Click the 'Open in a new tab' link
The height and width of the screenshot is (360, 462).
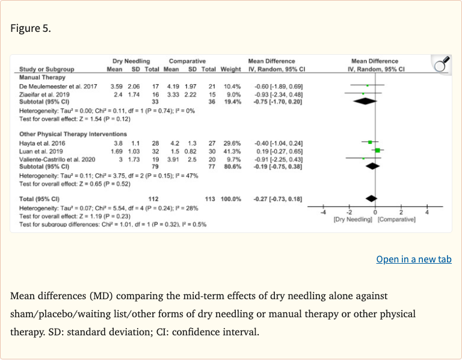point(413,259)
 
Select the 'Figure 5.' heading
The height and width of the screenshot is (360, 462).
point(31,29)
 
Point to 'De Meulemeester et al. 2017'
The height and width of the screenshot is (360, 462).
point(58,87)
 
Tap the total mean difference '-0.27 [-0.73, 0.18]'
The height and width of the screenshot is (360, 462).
point(277,199)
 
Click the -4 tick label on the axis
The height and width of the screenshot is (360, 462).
point(322,213)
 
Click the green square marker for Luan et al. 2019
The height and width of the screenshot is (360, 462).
point(377,149)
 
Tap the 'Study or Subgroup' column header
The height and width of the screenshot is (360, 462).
point(47,69)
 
